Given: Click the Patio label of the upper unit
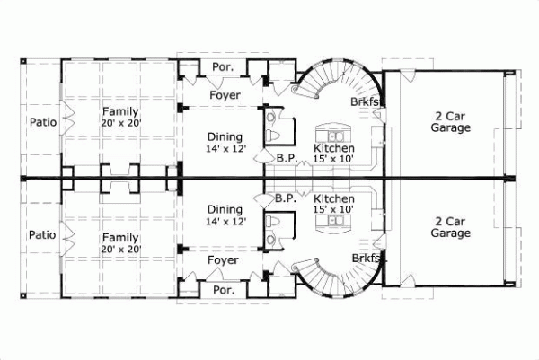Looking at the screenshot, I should tap(42, 122).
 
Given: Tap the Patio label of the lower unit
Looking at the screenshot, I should tap(42, 234).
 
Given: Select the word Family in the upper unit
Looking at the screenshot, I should tap(120, 111).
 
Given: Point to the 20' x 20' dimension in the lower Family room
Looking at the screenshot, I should tap(120, 249).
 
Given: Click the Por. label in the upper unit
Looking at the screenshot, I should tap(223, 68).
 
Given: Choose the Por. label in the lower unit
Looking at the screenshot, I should tap(223, 290).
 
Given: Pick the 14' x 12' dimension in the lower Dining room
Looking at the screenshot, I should tap(225, 221).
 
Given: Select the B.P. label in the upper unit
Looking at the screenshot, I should tap(287, 158).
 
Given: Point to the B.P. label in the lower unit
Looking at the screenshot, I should tap(287, 198).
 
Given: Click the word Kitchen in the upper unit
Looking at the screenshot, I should tap(334, 147).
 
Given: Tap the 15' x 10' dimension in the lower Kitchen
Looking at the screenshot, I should tap(334, 209).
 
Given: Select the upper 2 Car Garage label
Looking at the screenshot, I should tap(450, 122).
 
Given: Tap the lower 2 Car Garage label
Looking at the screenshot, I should tap(450, 227).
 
